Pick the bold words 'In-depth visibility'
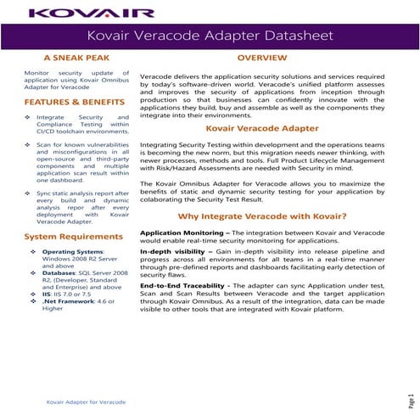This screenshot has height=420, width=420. pos(174,252)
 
